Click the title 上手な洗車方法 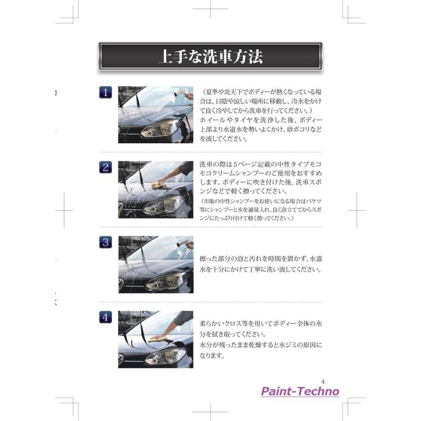coord(210,56)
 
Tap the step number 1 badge coord(106,92)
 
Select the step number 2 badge coord(106,167)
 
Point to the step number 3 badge coord(106,242)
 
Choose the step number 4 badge coord(106,317)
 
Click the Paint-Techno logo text coord(299,391)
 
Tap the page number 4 coord(323,381)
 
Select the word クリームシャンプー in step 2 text coord(241,174)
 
